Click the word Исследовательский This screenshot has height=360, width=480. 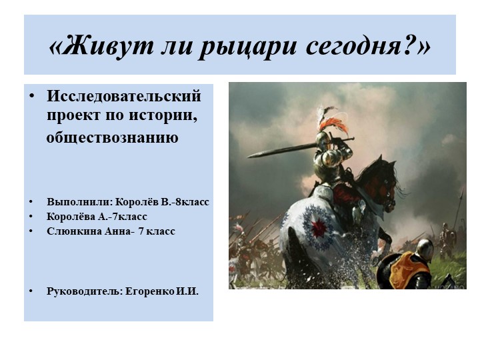124,96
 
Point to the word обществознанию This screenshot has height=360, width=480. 111,138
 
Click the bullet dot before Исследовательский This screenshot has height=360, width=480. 31,96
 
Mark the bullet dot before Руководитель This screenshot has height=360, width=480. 31,291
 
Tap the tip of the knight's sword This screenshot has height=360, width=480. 249,156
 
